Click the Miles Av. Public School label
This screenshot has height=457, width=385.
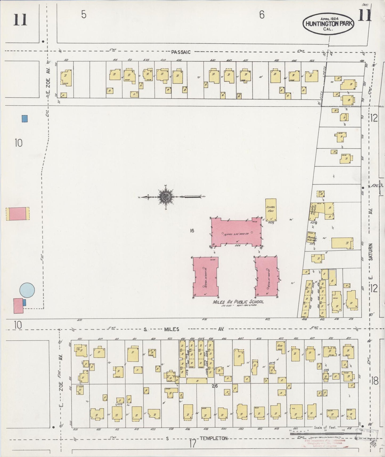point(238,302)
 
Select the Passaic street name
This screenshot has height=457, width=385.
point(181,52)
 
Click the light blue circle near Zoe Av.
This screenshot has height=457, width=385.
point(27,290)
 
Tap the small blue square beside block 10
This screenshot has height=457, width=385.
point(25,118)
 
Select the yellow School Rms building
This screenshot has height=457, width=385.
point(271,210)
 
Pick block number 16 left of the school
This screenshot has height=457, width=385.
point(192,231)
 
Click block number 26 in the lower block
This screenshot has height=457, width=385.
point(215,386)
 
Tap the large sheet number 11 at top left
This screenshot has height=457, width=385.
point(20,20)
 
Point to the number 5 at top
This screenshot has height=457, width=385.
point(84,15)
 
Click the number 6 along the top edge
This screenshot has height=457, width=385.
point(262,15)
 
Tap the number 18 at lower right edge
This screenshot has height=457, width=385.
point(374,381)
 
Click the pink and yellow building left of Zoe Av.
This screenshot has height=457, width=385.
point(18,214)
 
